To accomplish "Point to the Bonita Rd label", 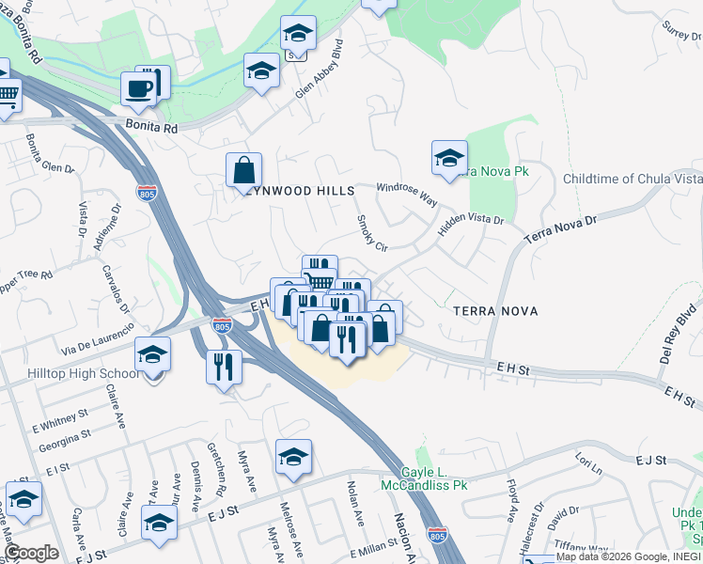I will (151, 125).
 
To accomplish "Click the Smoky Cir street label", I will (367, 232).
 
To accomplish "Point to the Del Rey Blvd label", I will (680, 332).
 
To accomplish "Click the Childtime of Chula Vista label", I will (632, 179).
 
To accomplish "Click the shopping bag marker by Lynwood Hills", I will (243, 170).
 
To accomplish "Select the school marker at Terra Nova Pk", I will (449, 158).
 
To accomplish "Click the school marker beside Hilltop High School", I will (152, 354).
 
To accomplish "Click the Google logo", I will (32, 553).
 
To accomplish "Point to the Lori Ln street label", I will (588, 464).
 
